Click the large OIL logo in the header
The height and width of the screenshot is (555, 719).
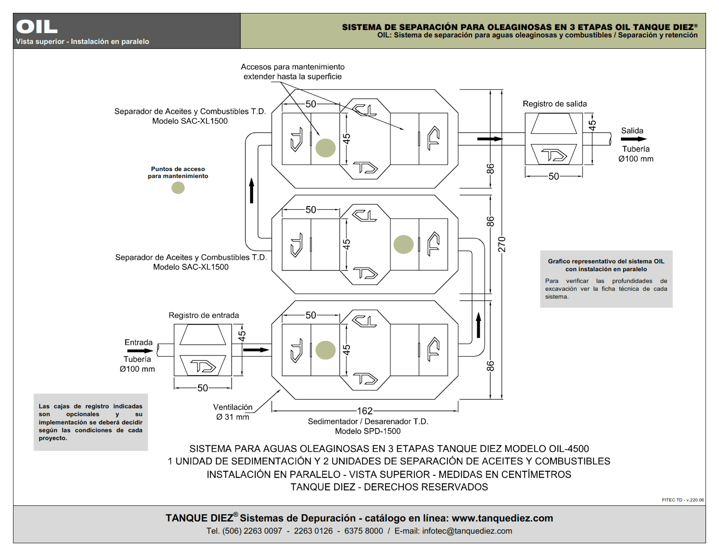click(x=37, y=27)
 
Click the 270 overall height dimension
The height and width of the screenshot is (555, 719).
click(x=502, y=244)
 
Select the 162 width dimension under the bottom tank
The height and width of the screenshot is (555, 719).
click(x=365, y=411)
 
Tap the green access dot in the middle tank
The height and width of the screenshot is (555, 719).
click(x=404, y=244)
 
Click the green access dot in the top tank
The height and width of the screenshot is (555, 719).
click(x=326, y=148)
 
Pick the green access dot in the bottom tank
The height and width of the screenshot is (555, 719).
click(x=326, y=350)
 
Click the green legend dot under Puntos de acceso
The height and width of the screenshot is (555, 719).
click(x=178, y=188)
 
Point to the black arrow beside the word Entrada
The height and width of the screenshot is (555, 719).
click(x=140, y=351)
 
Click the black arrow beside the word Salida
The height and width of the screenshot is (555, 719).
click(x=634, y=139)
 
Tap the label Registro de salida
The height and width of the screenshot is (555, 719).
click(x=555, y=104)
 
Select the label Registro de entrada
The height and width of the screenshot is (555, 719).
click(x=204, y=315)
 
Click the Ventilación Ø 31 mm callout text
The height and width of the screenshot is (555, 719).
click(x=233, y=412)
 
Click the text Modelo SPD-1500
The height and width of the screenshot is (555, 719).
click(x=368, y=431)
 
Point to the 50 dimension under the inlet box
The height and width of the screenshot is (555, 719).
click(x=203, y=388)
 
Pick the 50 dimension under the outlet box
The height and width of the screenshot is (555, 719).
click(x=553, y=176)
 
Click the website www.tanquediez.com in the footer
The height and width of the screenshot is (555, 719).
click(x=502, y=518)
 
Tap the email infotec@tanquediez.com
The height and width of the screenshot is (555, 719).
click(x=467, y=531)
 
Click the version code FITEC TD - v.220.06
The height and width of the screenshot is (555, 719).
click(x=682, y=500)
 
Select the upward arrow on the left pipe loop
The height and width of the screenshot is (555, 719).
click(x=251, y=190)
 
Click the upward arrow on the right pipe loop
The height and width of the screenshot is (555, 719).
click(x=478, y=325)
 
